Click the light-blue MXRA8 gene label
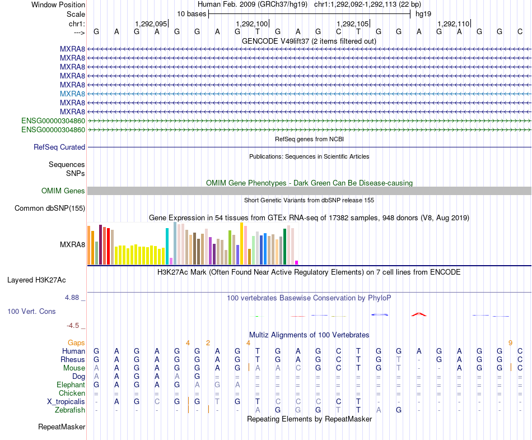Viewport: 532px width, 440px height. pyautogui.click(x=72, y=94)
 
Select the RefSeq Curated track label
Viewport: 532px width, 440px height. pyautogui.click(x=59, y=147)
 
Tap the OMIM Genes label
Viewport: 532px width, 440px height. pyautogui.click(x=63, y=191)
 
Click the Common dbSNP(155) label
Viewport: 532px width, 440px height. pyautogui.click(x=50, y=208)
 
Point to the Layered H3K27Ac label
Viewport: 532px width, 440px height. pyautogui.click(x=36, y=280)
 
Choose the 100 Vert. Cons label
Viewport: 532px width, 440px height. pyautogui.click(x=31, y=311)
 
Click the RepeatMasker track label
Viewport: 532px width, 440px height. pyautogui.click(x=62, y=427)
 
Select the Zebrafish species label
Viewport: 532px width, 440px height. pyautogui.click(x=70, y=410)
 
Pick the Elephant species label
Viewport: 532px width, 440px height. pyautogui.click(x=71, y=385)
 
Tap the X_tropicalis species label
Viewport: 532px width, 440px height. pyautogui.click(x=66, y=402)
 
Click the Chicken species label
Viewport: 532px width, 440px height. pyautogui.click(x=72, y=393)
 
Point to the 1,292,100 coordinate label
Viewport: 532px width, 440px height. pyautogui.click(x=252, y=24)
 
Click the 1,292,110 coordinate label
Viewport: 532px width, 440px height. pyautogui.click(x=453, y=24)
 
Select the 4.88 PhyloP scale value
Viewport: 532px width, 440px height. pyautogui.click(x=72, y=298)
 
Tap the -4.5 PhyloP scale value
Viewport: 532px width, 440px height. pyautogui.click(x=73, y=326)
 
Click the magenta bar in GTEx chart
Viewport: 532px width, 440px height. pyautogui.click(x=297, y=262)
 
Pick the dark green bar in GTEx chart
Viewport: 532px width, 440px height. pyautogui.click(x=285, y=247)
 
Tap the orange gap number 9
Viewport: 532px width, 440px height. pyautogui.click(x=510, y=343)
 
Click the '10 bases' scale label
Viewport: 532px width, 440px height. pyautogui.click(x=192, y=14)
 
